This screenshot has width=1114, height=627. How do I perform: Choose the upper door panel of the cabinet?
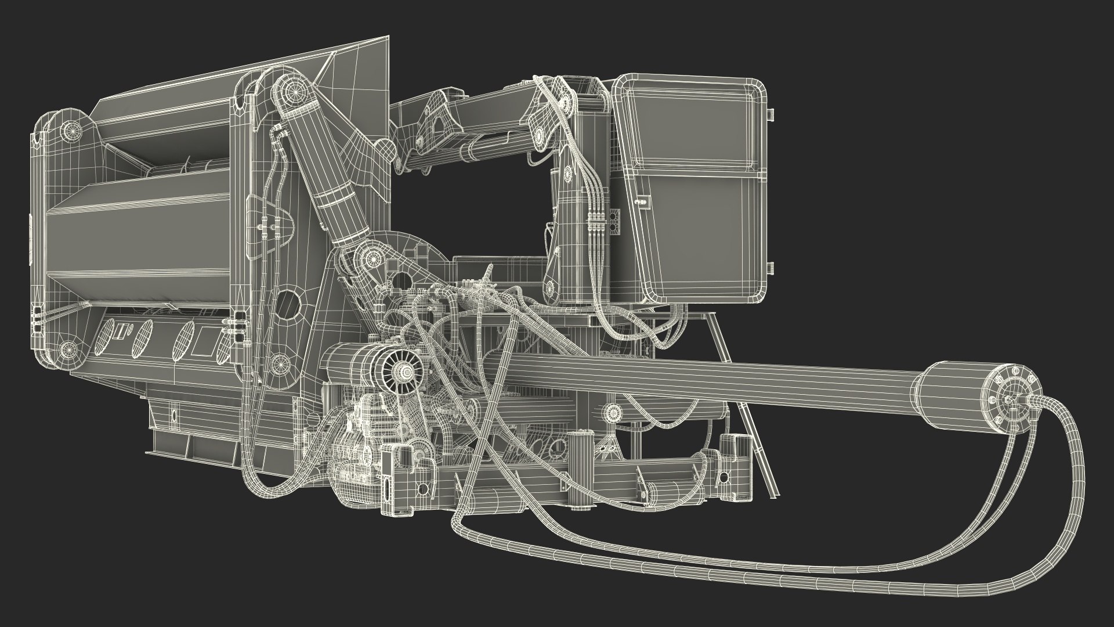(693, 125)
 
